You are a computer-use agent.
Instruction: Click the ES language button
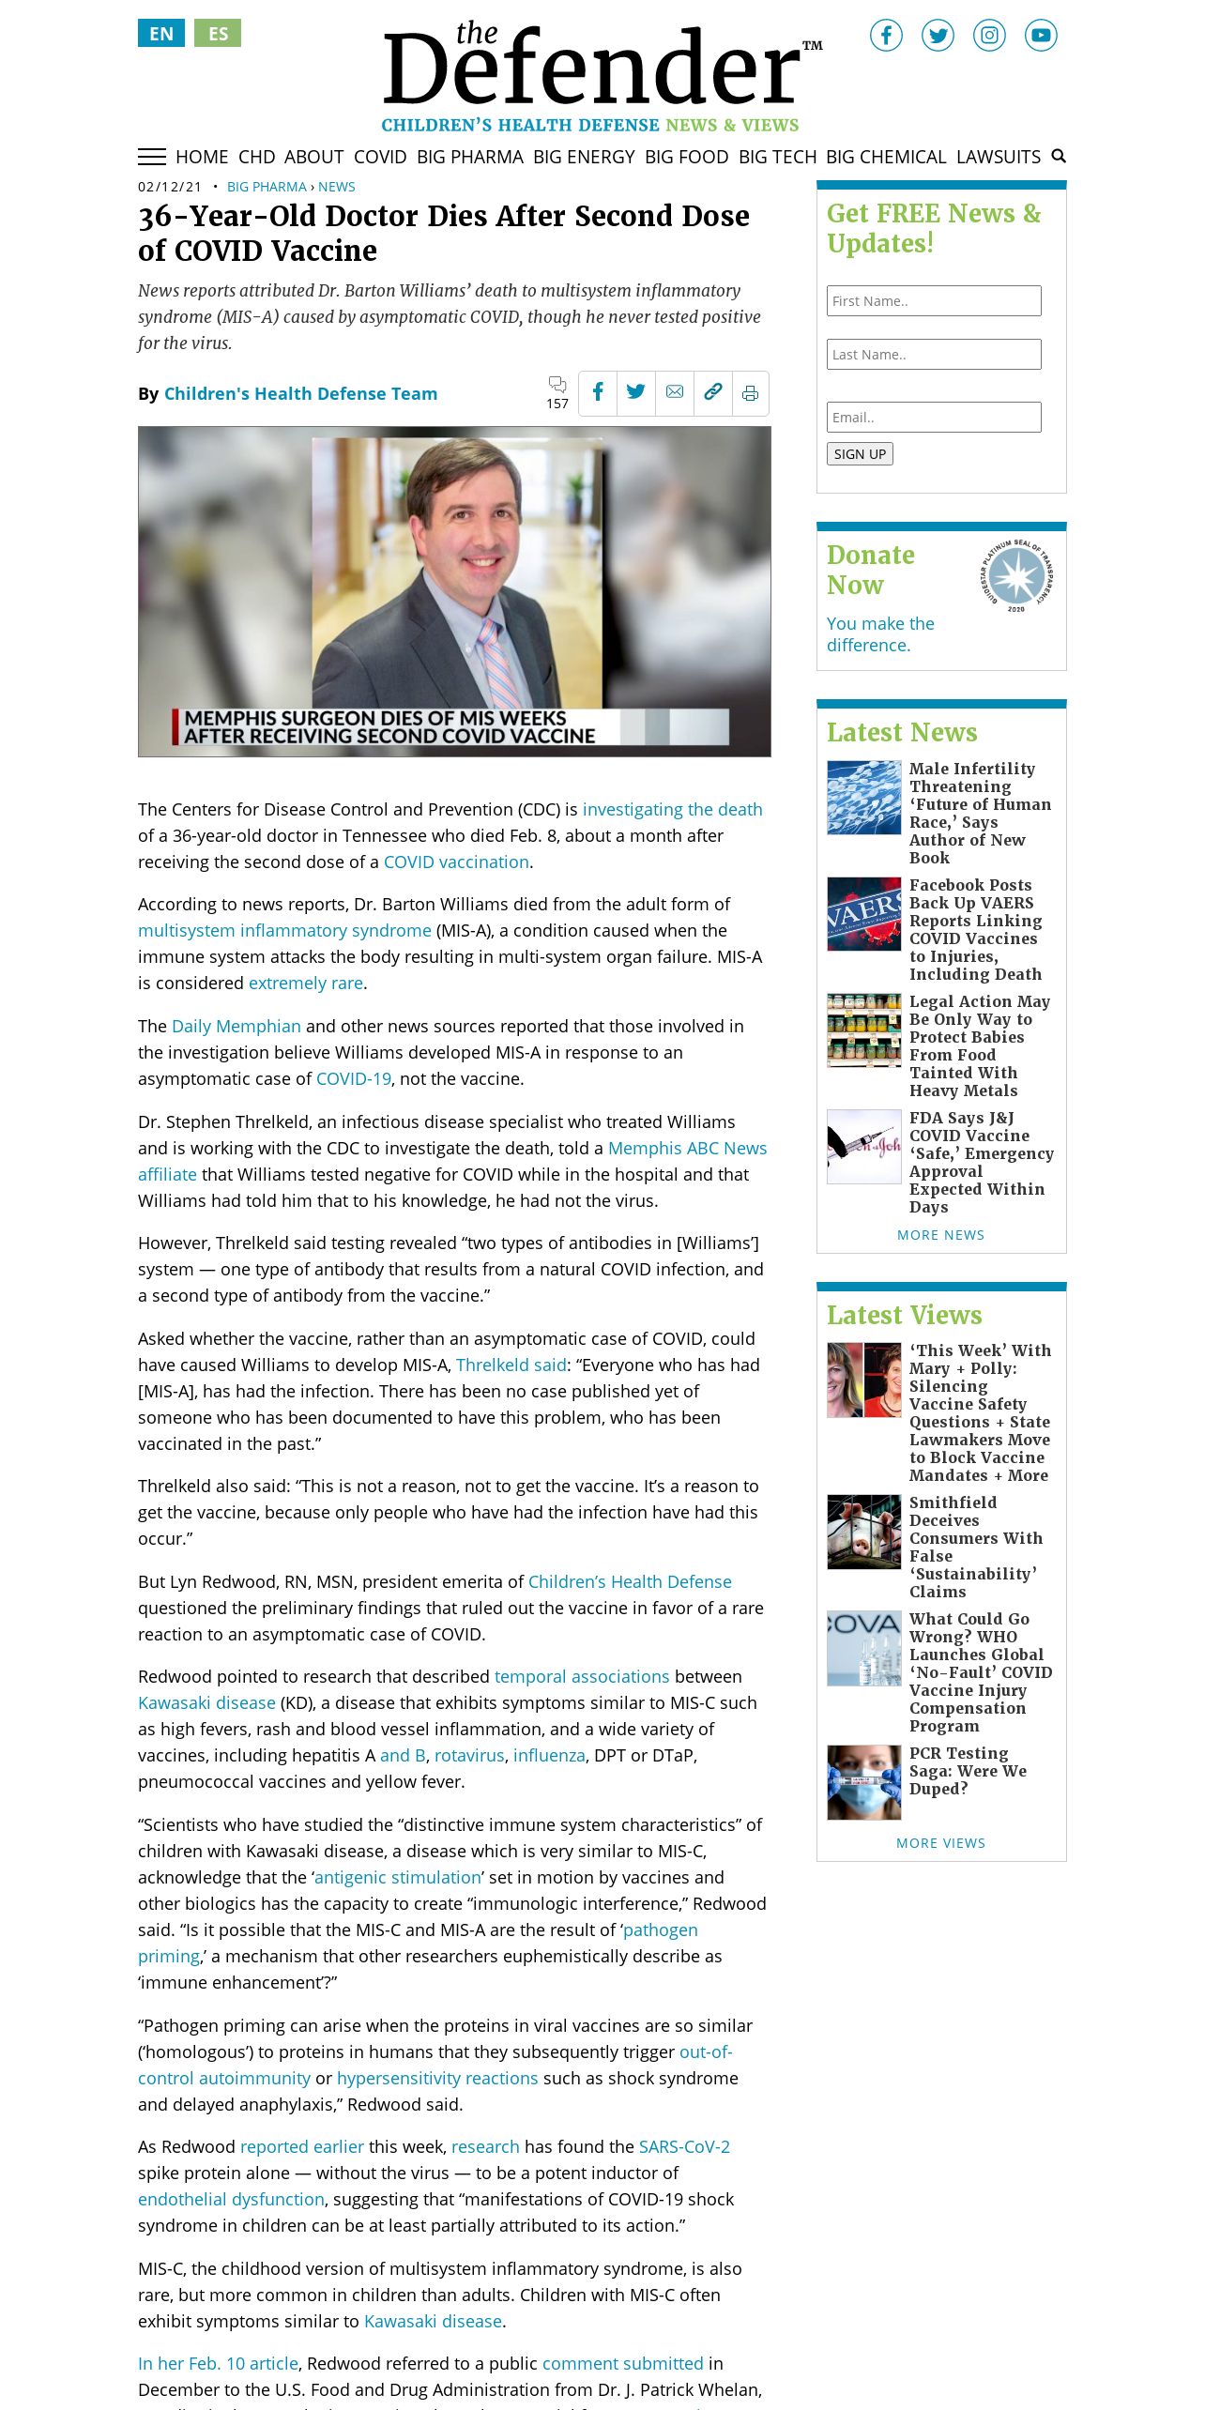tap(218, 34)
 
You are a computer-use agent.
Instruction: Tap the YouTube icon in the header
tap(1040, 36)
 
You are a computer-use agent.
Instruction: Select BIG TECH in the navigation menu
tap(777, 157)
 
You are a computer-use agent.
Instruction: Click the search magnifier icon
tap(1059, 156)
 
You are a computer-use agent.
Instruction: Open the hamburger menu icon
tap(152, 157)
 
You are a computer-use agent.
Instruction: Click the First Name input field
tap(934, 301)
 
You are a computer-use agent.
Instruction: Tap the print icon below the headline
tap(750, 393)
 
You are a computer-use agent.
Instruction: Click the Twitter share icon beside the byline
tap(635, 392)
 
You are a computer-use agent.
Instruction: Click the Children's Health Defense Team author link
tap(300, 394)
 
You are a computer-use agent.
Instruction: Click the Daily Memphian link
tap(236, 1027)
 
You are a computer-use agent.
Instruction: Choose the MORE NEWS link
tap(940, 1235)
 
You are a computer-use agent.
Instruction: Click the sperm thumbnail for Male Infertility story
tap(863, 798)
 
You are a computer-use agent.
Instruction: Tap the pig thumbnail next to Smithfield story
tap(863, 1532)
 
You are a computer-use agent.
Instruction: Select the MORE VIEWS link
tap(940, 1843)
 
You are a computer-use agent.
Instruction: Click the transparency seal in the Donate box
tap(1016, 575)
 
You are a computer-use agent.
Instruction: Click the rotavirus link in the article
tap(469, 1756)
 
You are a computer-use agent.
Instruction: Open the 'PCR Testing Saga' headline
tap(968, 1771)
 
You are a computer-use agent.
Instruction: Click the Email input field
tap(934, 418)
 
